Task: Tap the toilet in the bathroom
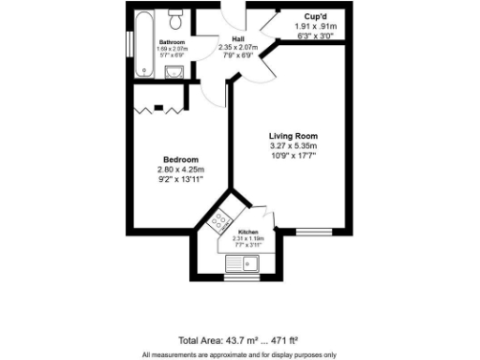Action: click(x=174, y=21)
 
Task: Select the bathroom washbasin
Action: click(x=182, y=71)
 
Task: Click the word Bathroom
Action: click(x=172, y=43)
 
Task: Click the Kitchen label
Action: click(x=248, y=232)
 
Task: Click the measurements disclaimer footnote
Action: click(x=239, y=354)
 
